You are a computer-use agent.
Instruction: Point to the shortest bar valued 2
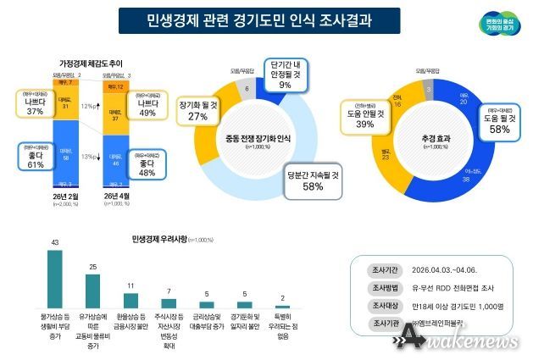(x=283, y=307)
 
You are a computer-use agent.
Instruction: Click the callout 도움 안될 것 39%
(x=366, y=118)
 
